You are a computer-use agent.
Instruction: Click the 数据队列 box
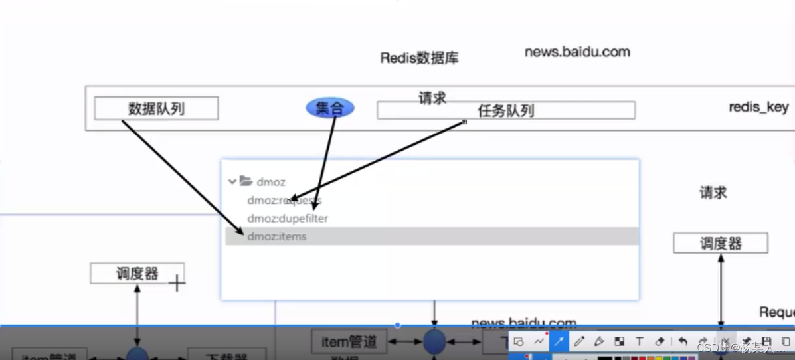[156, 108]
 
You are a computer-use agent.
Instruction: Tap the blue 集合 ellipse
[329, 108]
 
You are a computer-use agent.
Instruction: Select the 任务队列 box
[505, 110]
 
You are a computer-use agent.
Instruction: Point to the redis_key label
[758, 107]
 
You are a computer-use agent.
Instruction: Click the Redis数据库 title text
[419, 58]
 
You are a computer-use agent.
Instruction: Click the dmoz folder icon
[246, 181]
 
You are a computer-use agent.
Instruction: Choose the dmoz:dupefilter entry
[288, 218]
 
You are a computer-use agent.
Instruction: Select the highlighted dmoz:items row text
[277, 236]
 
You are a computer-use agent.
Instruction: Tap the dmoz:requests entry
[284, 200]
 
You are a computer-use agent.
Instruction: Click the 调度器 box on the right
[720, 243]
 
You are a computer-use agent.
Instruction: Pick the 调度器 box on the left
[137, 273]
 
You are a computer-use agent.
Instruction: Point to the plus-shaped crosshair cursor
[177, 283]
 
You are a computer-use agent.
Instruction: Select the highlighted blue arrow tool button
[559, 341]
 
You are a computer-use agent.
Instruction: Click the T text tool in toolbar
[639, 341]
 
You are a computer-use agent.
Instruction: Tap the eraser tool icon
[660, 341]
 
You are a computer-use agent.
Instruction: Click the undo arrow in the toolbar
[683, 341]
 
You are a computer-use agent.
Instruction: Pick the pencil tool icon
[578, 341]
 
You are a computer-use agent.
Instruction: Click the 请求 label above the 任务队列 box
[432, 98]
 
